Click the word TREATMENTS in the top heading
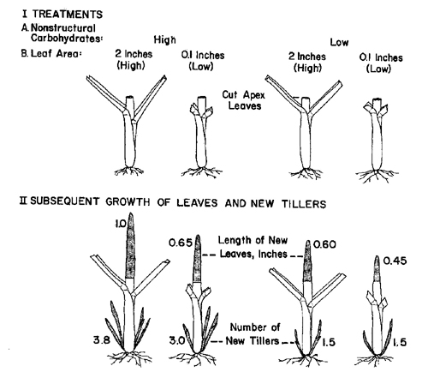(68, 15)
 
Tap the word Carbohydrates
(67, 38)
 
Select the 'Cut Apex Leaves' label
(244, 100)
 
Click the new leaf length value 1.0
(121, 224)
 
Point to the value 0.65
(181, 243)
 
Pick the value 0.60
(324, 244)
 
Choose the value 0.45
(395, 261)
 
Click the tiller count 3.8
(102, 340)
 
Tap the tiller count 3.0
(177, 340)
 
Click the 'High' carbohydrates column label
(165, 39)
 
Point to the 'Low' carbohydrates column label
(339, 42)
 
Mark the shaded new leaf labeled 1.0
(130, 246)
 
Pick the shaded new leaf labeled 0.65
(197, 259)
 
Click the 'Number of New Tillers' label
(253, 334)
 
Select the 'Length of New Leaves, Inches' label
(253, 247)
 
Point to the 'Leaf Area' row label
(51, 53)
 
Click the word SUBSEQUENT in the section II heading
(65, 201)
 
